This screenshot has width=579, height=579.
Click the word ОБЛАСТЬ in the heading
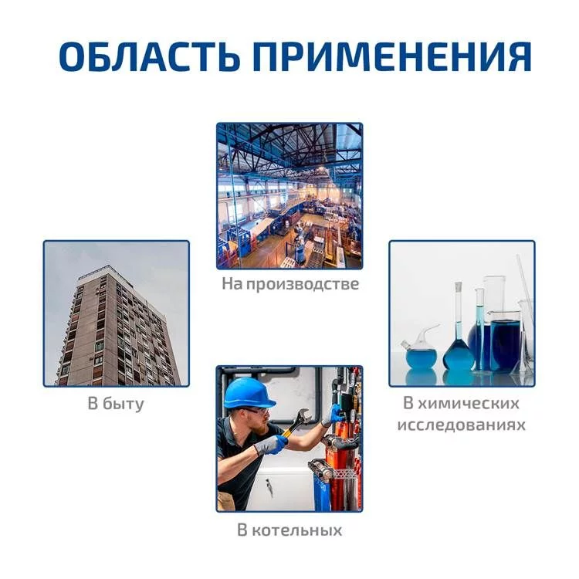click(147, 56)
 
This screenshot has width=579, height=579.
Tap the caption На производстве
click(290, 284)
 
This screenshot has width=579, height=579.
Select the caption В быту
click(116, 403)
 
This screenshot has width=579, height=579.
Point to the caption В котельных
click(289, 530)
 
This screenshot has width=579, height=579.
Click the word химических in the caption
click(469, 403)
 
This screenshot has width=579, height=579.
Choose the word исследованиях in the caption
click(461, 425)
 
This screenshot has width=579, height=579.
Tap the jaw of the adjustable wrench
click(303, 416)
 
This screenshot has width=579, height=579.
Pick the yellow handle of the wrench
click(287, 433)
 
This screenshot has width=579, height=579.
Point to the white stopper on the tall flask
click(459, 286)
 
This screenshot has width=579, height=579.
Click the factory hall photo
click(289, 196)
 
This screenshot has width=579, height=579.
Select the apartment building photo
click(117, 313)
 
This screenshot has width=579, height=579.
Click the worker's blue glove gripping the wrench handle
click(273, 444)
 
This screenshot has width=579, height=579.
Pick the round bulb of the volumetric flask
click(458, 354)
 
